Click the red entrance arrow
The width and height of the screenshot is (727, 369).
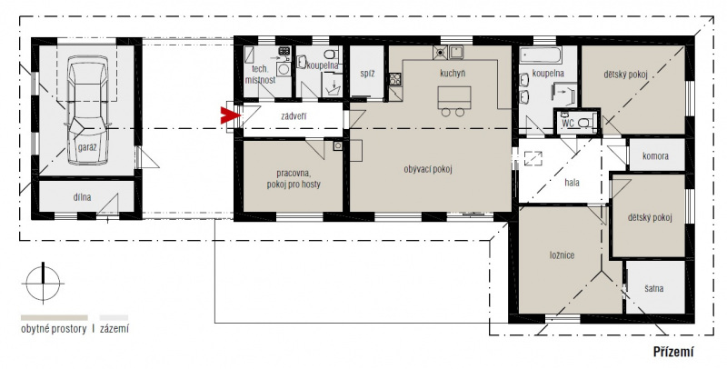coord(229,116)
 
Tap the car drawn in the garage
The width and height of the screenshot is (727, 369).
coord(88,110)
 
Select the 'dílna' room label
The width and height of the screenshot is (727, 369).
coord(82,197)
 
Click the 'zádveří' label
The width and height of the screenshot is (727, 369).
coord(294,116)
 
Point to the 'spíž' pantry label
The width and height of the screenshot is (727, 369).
coord(367,74)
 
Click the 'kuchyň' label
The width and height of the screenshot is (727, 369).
coord(453,74)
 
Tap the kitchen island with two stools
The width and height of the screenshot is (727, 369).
coord(453,101)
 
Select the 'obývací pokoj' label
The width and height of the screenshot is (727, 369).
coord(427,169)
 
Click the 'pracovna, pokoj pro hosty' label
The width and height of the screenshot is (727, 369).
coord(294,179)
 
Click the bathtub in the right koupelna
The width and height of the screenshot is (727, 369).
coord(541,55)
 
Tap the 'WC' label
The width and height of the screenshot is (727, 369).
coord(568,124)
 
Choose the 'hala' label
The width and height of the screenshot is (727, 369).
coord(573,183)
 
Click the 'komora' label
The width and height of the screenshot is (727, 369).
coord(655,156)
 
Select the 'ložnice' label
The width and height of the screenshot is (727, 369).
coord(562,255)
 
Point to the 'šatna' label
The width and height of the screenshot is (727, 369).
coord(653,289)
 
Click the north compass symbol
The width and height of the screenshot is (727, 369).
coord(43,284)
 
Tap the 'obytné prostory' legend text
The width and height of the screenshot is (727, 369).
coord(54,329)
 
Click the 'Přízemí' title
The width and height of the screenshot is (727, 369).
coord(673,352)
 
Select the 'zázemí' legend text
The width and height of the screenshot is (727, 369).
coord(115,329)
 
